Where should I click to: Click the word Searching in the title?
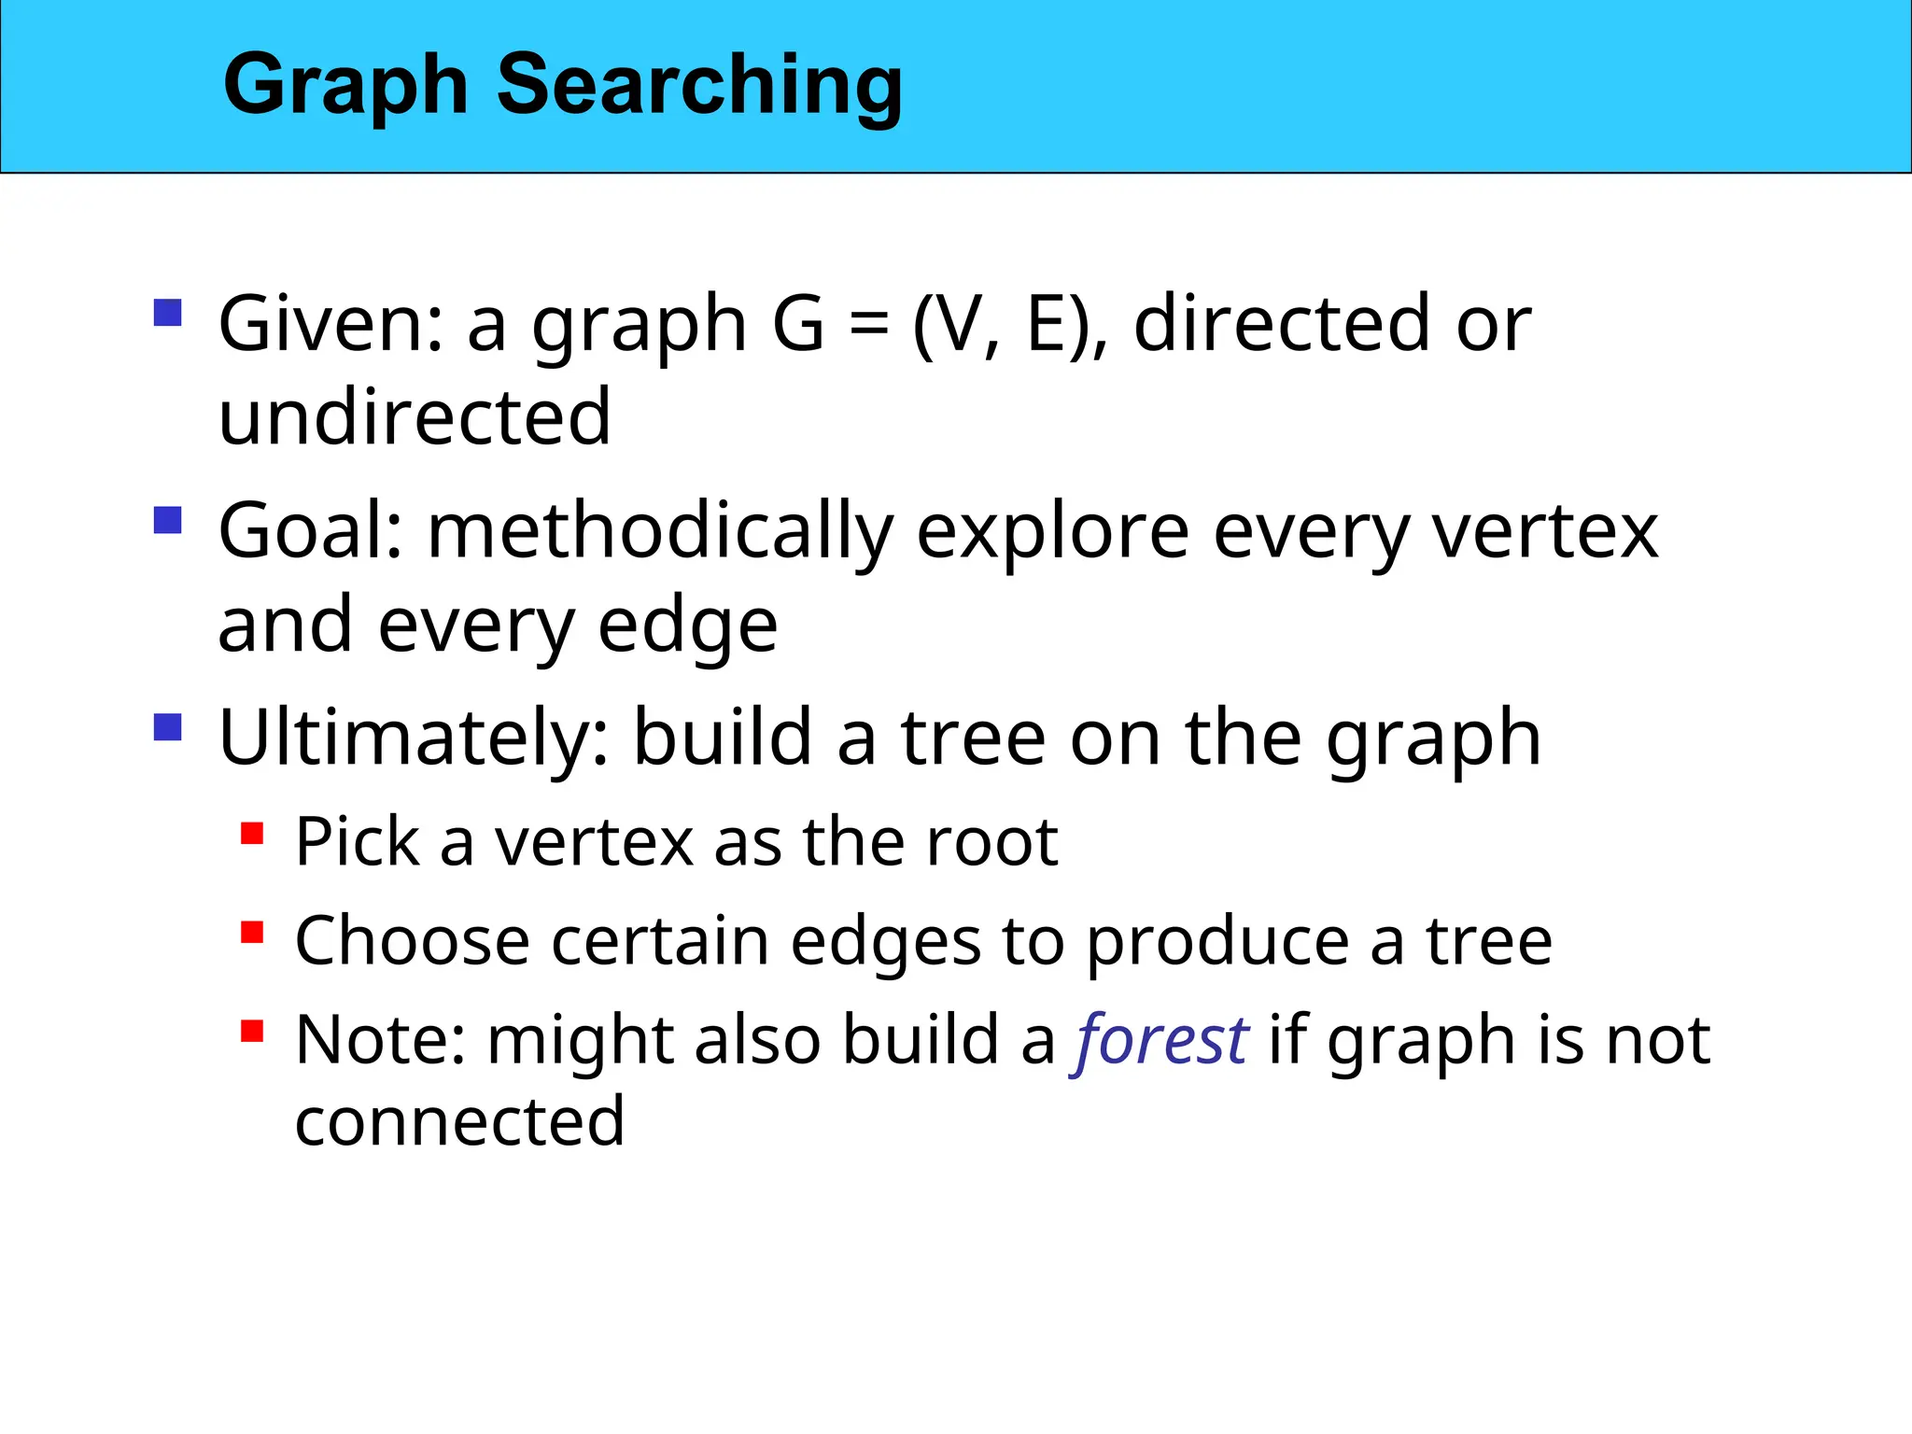coord(699,86)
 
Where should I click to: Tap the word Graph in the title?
coord(345,86)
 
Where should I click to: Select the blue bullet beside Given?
coord(167,312)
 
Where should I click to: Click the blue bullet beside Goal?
coord(167,519)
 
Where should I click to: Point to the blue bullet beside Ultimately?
coord(167,726)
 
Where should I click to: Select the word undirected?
coord(415,417)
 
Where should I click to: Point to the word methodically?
coord(660,531)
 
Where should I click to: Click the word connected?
coord(459,1120)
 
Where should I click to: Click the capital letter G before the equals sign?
coord(798,324)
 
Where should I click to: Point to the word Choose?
coord(412,940)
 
